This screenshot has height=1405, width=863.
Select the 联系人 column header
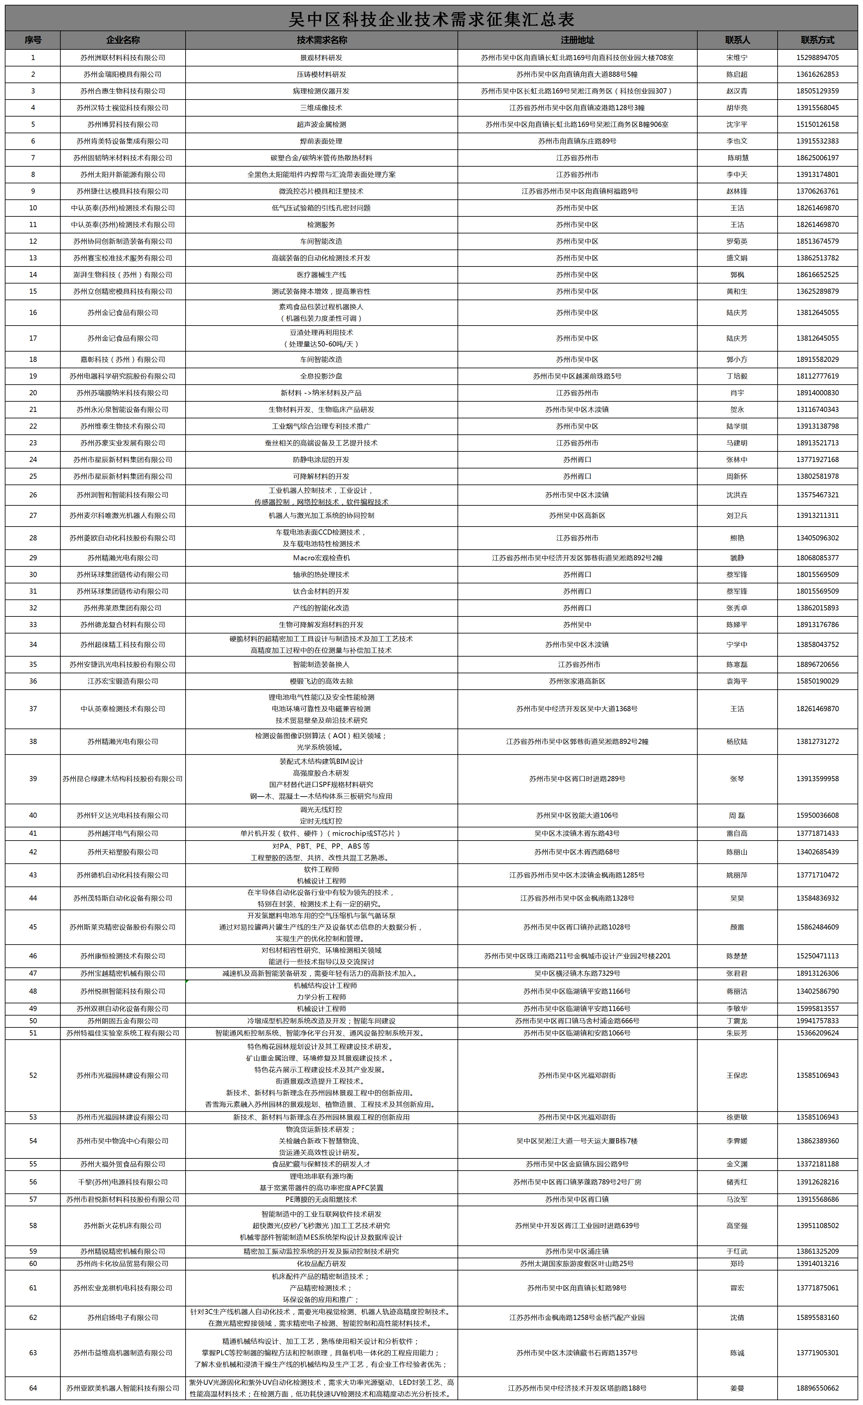[x=737, y=40]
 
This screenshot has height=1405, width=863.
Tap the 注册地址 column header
[x=577, y=40]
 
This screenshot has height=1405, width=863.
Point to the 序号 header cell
[x=33, y=40]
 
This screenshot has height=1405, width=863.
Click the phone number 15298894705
[x=817, y=58]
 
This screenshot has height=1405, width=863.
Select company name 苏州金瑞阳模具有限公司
[x=123, y=74]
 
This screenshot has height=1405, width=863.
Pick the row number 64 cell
[x=33, y=1388]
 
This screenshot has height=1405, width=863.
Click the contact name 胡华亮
[x=737, y=108]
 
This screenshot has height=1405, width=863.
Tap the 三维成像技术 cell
[x=321, y=108]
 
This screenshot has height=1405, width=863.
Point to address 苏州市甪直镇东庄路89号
[x=577, y=141]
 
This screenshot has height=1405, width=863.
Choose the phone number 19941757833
[x=817, y=1021]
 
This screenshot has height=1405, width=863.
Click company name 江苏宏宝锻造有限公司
[x=123, y=681]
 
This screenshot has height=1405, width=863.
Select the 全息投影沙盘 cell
[x=321, y=376]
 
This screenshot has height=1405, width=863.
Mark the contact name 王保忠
[x=737, y=1075]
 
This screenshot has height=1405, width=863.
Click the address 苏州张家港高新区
[x=577, y=681]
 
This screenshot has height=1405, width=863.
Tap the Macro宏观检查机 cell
[x=321, y=558]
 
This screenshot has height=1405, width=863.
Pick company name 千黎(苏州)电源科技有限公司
[x=123, y=1182]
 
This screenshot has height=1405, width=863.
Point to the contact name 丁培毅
[x=737, y=376]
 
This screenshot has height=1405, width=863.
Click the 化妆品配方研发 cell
[x=321, y=1263]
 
